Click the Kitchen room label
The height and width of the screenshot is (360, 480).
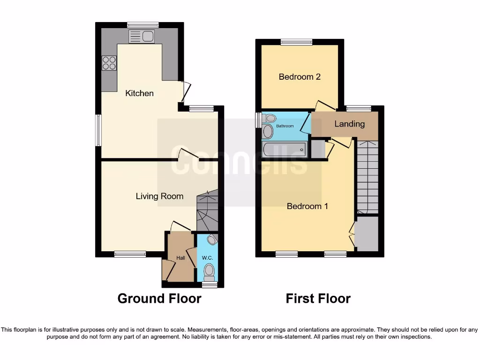(139, 93)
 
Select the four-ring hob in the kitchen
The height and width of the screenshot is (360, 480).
(109, 63)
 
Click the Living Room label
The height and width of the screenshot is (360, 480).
(159, 196)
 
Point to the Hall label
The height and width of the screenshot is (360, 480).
(180, 257)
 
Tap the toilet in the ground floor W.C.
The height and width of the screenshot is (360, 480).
(209, 271)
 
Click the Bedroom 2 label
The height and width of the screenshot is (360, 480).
(300, 76)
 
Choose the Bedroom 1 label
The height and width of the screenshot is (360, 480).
(307, 206)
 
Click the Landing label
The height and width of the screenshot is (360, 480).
(349, 124)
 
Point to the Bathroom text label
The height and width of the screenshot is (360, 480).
(285, 126)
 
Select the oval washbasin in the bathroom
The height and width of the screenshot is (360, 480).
(268, 131)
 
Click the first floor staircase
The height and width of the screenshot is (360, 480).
(367, 177)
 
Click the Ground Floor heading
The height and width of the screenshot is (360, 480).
(159, 299)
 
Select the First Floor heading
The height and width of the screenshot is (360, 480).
(318, 299)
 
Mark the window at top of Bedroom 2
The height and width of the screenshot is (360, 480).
(297, 42)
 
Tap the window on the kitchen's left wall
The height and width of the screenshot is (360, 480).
(98, 130)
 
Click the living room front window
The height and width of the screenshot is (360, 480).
(130, 254)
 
